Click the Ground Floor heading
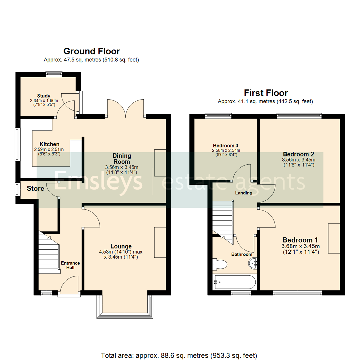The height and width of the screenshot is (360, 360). pyautogui.click(x=91, y=51)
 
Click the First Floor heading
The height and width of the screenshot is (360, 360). pyautogui.click(x=266, y=93)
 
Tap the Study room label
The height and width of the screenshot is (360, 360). pyautogui.click(x=44, y=96)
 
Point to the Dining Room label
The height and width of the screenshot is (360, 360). pyautogui.click(x=122, y=158)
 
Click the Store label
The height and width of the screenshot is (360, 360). pyautogui.click(x=35, y=189)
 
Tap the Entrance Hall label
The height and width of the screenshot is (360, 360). pyautogui.click(x=70, y=265)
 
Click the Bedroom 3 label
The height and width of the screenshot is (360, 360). pyautogui.click(x=226, y=146)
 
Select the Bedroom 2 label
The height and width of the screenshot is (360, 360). pyautogui.click(x=298, y=154)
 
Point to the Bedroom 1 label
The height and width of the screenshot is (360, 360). pyautogui.click(x=300, y=240)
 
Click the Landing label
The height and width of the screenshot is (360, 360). pyautogui.click(x=244, y=193)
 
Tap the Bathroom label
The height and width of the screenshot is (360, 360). pyautogui.click(x=242, y=254)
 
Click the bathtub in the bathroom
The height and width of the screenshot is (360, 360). pyautogui.click(x=234, y=282)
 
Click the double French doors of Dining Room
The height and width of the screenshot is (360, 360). pyautogui.click(x=125, y=108)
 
